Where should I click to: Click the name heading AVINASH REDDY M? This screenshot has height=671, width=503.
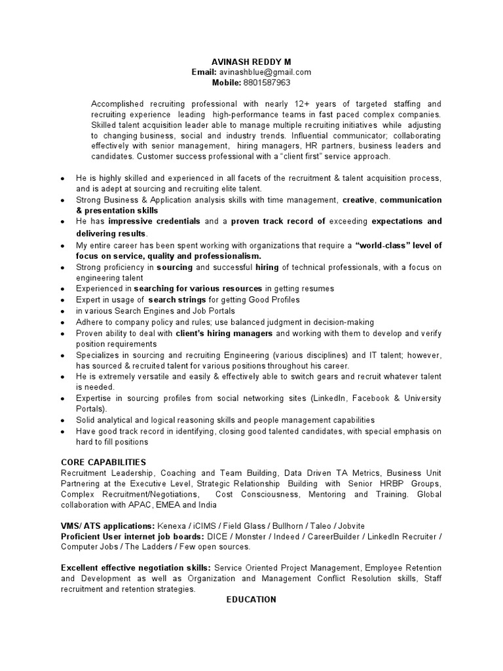click(x=251, y=61)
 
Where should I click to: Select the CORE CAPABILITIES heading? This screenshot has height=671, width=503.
click(x=103, y=462)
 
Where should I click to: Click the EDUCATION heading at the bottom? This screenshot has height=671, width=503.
click(x=251, y=600)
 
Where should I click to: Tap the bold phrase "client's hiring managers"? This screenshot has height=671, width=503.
click(x=224, y=333)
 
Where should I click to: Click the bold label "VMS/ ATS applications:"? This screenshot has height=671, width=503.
click(x=107, y=526)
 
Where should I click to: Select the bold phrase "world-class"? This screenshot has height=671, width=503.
click(x=383, y=245)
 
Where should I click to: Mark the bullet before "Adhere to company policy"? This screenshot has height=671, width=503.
click(x=62, y=322)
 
